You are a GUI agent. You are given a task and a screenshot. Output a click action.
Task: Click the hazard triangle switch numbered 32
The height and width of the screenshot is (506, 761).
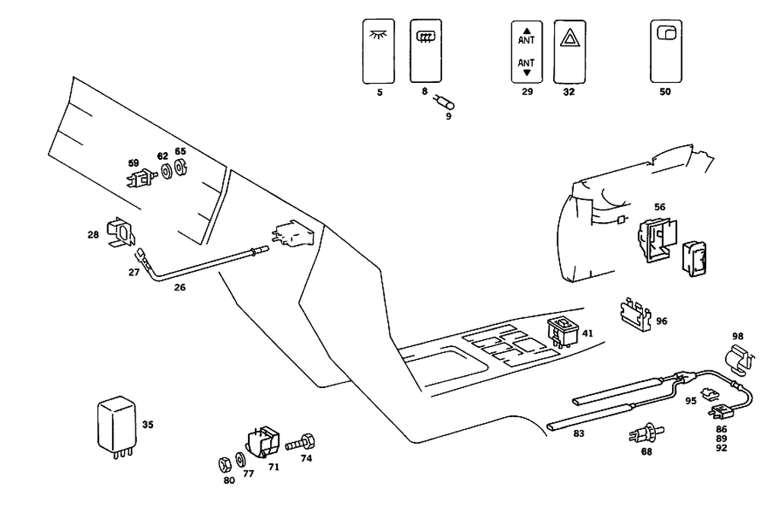pos(569,52)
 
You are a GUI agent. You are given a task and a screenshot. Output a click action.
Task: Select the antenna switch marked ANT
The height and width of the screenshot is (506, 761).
pos(527,52)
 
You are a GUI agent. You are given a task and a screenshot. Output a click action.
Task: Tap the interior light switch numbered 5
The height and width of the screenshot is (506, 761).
pos(378,51)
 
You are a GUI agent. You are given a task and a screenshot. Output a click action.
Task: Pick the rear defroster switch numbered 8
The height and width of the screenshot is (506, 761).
pos(425,51)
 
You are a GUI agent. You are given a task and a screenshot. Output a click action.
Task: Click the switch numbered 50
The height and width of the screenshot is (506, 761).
pos(666,52)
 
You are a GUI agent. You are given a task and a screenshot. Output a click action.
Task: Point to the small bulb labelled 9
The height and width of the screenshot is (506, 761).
pos(444,102)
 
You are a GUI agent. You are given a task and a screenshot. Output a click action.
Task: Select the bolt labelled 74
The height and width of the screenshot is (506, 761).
pos(301,442)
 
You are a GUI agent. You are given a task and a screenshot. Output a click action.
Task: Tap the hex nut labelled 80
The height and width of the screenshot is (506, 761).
pos(224,465)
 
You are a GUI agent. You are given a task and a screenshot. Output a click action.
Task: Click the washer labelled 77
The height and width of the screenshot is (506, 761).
pos(240,460)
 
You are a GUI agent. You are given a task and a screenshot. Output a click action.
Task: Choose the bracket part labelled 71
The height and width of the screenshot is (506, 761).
pos(263,441)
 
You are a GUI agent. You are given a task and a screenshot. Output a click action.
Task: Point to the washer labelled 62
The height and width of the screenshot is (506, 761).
pos(167,171)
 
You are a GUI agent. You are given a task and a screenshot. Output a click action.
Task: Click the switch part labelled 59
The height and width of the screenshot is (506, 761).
pos(141,178)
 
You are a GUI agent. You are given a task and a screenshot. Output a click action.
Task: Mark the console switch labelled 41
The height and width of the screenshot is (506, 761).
pos(563,332)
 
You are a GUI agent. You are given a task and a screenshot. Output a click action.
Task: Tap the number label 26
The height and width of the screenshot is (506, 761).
pos(180,288)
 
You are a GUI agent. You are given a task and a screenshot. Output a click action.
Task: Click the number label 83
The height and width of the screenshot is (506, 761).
pos(578,433)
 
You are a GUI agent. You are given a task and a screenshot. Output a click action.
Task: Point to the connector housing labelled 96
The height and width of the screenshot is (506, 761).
pos(635,314)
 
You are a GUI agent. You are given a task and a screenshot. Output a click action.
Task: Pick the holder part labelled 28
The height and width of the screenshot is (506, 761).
pos(120,232)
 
